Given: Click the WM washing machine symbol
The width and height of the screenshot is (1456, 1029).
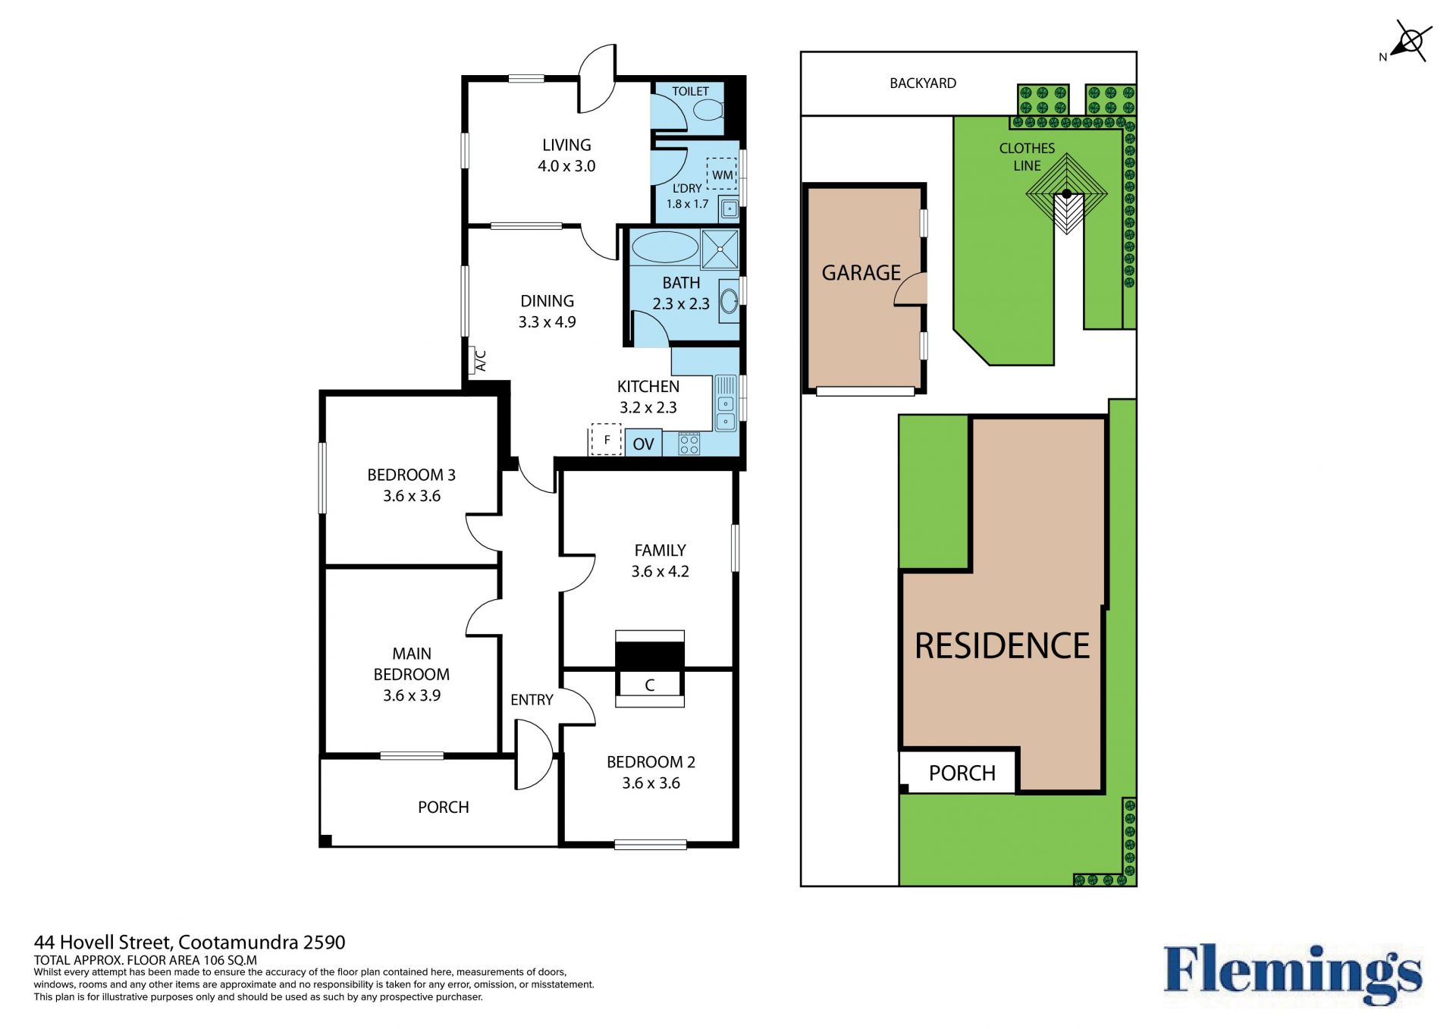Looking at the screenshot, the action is click(x=721, y=174).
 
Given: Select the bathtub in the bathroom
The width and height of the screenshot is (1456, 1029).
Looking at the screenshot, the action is click(x=665, y=247).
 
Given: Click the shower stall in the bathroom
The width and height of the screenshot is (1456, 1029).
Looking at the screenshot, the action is click(x=720, y=249).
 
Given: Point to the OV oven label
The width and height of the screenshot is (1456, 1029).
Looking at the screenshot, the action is click(x=643, y=444).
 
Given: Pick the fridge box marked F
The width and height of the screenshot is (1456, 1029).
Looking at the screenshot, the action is click(x=606, y=440).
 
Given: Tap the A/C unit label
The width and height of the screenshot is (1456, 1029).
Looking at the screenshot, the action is click(x=480, y=360).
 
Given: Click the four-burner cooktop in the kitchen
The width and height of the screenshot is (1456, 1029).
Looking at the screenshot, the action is click(x=689, y=443).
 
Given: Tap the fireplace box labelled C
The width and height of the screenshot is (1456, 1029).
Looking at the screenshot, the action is click(x=650, y=685).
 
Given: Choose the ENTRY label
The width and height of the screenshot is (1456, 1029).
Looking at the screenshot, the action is click(x=532, y=700).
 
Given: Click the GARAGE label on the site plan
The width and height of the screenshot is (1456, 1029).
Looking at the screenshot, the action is click(x=861, y=272).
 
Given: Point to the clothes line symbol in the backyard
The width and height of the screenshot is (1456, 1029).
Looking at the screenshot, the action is click(x=1066, y=194).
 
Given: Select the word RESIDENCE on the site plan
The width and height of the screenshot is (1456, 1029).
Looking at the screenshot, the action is click(x=1002, y=646).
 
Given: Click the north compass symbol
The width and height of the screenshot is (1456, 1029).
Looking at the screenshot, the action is click(x=1409, y=42).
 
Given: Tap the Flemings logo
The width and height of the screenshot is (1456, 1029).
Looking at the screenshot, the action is click(x=1293, y=974).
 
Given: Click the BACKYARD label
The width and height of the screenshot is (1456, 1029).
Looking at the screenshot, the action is click(x=922, y=83).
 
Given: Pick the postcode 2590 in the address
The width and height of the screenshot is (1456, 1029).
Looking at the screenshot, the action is click(x=324, y=943).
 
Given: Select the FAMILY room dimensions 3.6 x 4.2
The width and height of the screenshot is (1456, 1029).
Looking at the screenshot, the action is click(x=660, y=572).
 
